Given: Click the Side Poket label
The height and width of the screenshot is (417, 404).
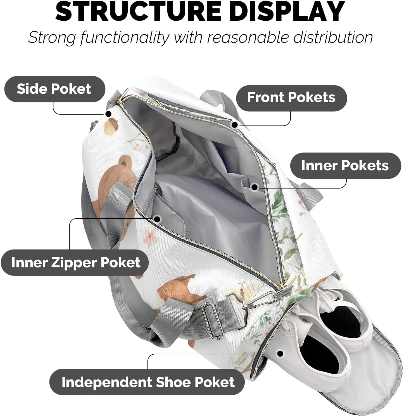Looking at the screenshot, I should [x=54, y=89].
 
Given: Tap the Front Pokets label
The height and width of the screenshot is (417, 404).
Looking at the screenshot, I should [x=291, y=97].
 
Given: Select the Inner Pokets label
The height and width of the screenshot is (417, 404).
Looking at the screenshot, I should [x=345, y=166].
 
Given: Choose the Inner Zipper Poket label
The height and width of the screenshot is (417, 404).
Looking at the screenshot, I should [x=75, y=263].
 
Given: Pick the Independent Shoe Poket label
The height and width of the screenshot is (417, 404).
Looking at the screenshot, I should [x=148, y=382].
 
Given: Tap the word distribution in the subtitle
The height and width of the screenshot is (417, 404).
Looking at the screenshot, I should [x=333, y=37].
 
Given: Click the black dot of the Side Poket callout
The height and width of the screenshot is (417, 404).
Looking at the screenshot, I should [x=108, y=114].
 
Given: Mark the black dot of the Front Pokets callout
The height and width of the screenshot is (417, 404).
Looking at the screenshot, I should [x=235, y=125].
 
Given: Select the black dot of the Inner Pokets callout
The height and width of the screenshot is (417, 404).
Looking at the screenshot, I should [x=254, y=187].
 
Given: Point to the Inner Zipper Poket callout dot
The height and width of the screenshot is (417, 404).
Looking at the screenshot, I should [x=157, y=219].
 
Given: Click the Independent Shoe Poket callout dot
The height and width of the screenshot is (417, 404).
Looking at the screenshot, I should [x=280, y=354].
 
